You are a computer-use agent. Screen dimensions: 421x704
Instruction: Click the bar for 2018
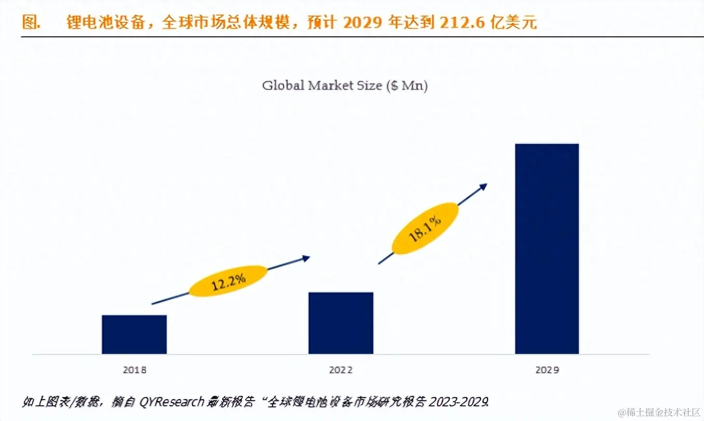(x=134, y=334)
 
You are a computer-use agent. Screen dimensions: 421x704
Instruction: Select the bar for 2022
(x=341, y=323)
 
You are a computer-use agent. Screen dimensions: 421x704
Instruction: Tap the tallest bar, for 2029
(x=547, y=248)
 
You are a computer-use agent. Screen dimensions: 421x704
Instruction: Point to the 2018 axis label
(x=134, y=370)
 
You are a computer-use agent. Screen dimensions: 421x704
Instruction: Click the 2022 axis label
(x=341, y=370)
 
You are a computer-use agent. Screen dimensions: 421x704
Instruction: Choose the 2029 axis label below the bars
(x=547, y=370)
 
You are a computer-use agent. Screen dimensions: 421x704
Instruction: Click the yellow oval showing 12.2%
(x=228, y=281)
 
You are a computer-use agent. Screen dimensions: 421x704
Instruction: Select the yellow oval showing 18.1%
(x=425, y=229)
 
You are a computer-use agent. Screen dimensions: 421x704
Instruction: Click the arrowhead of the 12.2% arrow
(x=307, y=257)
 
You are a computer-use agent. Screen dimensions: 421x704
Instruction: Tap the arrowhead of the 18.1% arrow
(x=484, y=185)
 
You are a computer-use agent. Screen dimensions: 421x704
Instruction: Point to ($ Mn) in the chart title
(x=407, y=85)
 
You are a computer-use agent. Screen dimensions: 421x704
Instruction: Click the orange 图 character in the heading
(x=30, y=22)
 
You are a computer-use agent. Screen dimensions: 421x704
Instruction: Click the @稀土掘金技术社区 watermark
(x=659, y=412)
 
